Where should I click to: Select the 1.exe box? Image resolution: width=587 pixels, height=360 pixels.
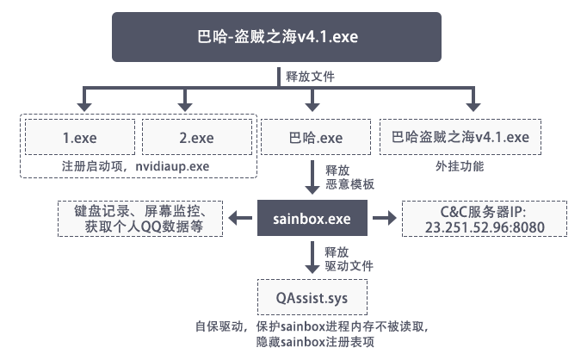pos(80,137)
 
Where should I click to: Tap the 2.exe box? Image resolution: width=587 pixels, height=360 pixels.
pos(196,137)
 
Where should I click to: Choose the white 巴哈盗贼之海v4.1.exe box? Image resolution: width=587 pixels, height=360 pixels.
pos(460,137)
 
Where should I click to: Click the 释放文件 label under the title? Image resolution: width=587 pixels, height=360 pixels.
pos(311,76)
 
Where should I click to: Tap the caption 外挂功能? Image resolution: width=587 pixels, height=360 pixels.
pos(460,164)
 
